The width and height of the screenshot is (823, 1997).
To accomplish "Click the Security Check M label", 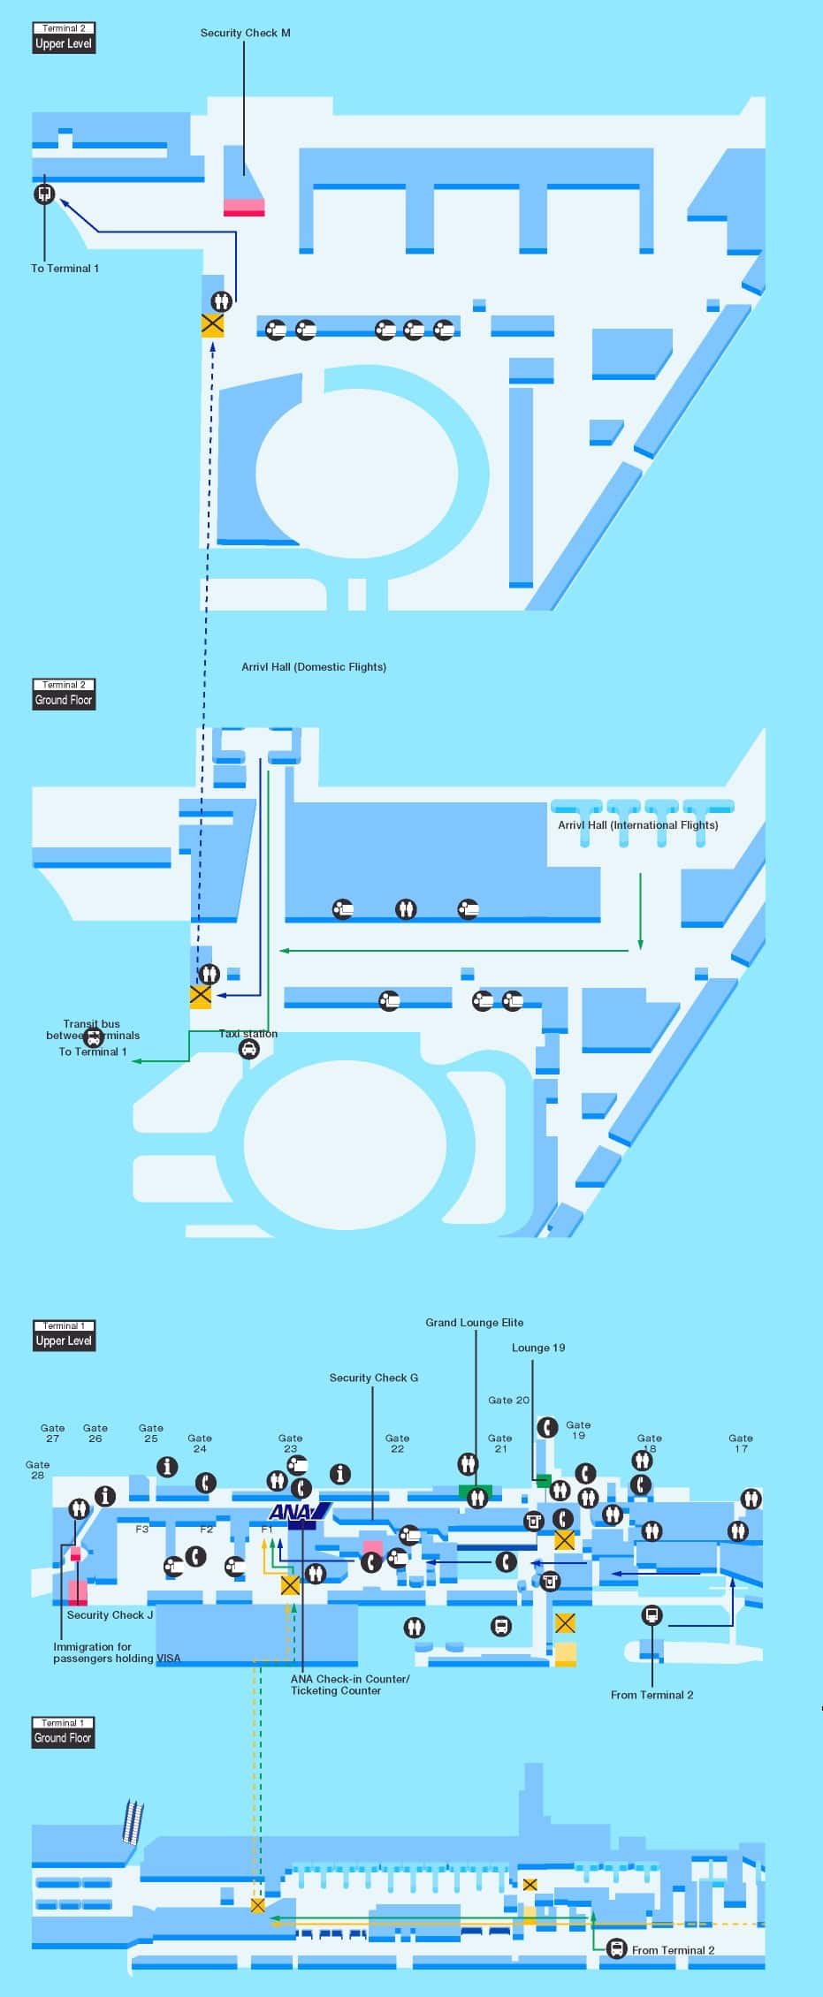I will point(245,34).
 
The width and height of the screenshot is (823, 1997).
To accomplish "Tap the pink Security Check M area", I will point(244,208).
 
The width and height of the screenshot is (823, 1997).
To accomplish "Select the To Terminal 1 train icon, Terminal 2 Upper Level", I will point(44,194).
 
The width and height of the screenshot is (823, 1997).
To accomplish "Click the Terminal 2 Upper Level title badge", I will point(63,38).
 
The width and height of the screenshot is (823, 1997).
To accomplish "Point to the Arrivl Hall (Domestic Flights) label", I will point(314,667).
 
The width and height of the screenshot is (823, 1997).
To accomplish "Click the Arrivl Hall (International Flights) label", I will point(637,825).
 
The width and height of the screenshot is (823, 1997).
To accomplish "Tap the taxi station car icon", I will point(249,1049).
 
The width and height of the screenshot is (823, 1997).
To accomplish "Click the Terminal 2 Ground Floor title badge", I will point(63,695).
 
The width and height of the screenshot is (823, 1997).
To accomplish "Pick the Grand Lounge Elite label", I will point(474,1323).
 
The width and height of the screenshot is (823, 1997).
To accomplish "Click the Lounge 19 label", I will point(537,1348).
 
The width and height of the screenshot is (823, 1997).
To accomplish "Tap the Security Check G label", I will point(373,1378).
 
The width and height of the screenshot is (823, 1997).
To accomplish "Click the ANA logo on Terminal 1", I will point(298,1512).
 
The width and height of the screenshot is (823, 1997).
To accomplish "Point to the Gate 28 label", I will point(37,1469).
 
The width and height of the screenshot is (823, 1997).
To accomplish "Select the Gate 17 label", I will point(741,1443).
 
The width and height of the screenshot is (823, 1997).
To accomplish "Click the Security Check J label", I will point(110,1615).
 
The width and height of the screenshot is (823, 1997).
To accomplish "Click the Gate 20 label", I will point(508,1400).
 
